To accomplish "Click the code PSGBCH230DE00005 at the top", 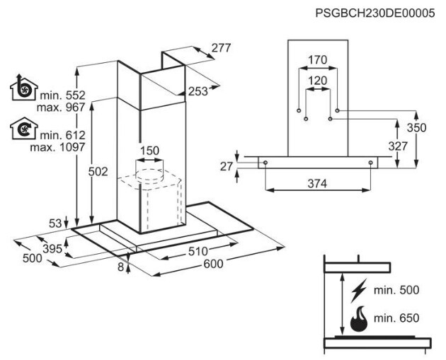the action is coord(375,13).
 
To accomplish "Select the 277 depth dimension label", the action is coord(221,47).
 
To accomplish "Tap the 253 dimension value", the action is coord(198,91).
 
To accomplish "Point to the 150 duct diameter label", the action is coord(149,151).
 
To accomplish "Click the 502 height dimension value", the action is coord(98,172).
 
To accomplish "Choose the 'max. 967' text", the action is coord(61,107).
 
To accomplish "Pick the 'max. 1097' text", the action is coord(58,147).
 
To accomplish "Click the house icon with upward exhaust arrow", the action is coord(24,88).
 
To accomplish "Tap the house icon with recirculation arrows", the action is coord(24,129).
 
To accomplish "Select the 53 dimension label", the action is coord(55,223).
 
